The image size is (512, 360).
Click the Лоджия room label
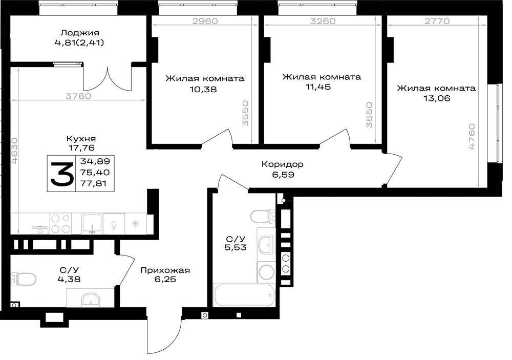[x=80, y=33]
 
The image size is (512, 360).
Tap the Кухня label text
[x=81, y=138]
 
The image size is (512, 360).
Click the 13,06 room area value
[x=437, y=98]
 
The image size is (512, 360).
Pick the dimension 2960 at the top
[x=205, y=21]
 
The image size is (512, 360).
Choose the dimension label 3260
[x=323, y=21]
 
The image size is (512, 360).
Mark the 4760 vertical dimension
[x=472, y=137]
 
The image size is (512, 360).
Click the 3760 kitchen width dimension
[x=78, y=96]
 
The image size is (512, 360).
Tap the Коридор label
[x=283, y=164]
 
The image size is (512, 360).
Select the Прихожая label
[x=165, y=270]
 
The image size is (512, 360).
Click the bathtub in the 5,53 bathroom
[x=244, y=295]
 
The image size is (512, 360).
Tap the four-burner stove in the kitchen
[x=60, y=223]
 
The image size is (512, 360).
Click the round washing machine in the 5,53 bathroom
[x=267, y=272]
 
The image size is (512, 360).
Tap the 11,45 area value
[x=318, y=87]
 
